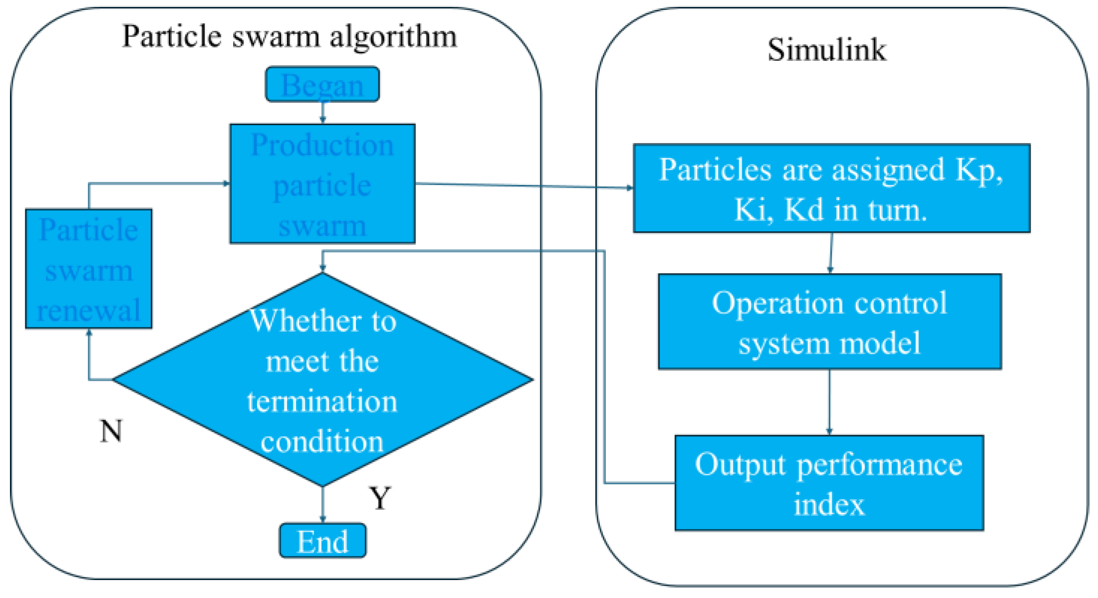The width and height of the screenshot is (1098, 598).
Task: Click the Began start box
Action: [x=322, y=85]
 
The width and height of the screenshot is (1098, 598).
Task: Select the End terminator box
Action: [x=322, y=541]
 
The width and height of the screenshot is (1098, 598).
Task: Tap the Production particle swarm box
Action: [x=322, y=184]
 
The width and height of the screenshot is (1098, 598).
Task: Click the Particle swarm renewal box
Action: [x=89, y=269]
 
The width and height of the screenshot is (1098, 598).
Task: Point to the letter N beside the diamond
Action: [x=111, y=431]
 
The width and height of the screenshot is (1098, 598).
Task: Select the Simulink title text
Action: [x=827, y=50]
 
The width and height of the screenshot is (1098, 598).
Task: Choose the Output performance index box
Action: [x=829, y=483]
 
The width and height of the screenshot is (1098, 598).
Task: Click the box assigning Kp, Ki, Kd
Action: [x=831, y=188]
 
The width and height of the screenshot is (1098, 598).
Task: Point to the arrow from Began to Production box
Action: [x=323, y=113]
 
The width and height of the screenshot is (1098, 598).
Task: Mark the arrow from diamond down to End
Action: [x=323, y=504]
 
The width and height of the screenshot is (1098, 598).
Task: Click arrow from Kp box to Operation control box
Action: [x=831, y=253]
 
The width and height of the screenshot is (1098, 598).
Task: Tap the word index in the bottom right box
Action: [x=829, y=504]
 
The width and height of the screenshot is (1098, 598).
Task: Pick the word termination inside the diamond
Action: [x=322, y=402]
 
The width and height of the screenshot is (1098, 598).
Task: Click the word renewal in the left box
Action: [x=89, y=310]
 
